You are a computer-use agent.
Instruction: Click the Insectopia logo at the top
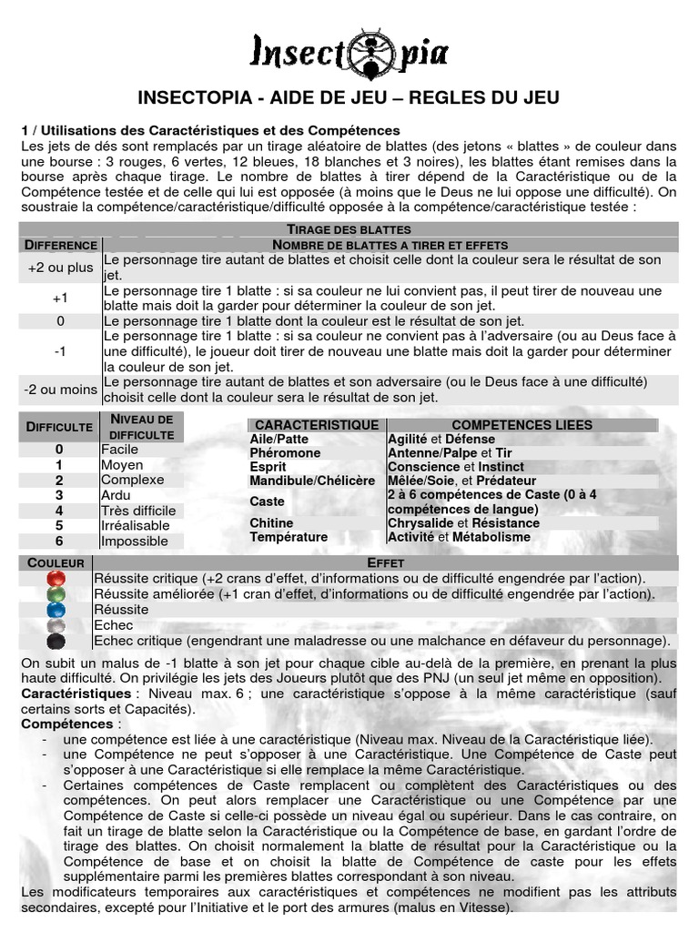349,51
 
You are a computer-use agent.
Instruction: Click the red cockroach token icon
56,579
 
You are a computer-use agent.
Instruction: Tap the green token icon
56,594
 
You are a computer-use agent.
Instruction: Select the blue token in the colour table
56,610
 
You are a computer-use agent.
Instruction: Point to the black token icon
56,641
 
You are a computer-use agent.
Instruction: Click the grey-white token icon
56,625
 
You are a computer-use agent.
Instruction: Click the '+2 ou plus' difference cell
60,268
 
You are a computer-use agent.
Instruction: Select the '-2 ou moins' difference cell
60,390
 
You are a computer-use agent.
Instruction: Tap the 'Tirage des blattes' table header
349,229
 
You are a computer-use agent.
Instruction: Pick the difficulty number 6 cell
60,542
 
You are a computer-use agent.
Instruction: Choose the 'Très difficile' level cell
139,511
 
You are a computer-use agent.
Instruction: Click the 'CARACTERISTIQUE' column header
317,425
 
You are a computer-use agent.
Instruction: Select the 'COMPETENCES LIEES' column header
522,425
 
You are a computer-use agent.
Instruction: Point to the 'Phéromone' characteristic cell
285,453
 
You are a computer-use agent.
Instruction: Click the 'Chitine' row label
271,523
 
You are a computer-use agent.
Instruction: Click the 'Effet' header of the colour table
385,563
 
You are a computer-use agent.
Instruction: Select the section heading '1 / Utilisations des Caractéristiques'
210,131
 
